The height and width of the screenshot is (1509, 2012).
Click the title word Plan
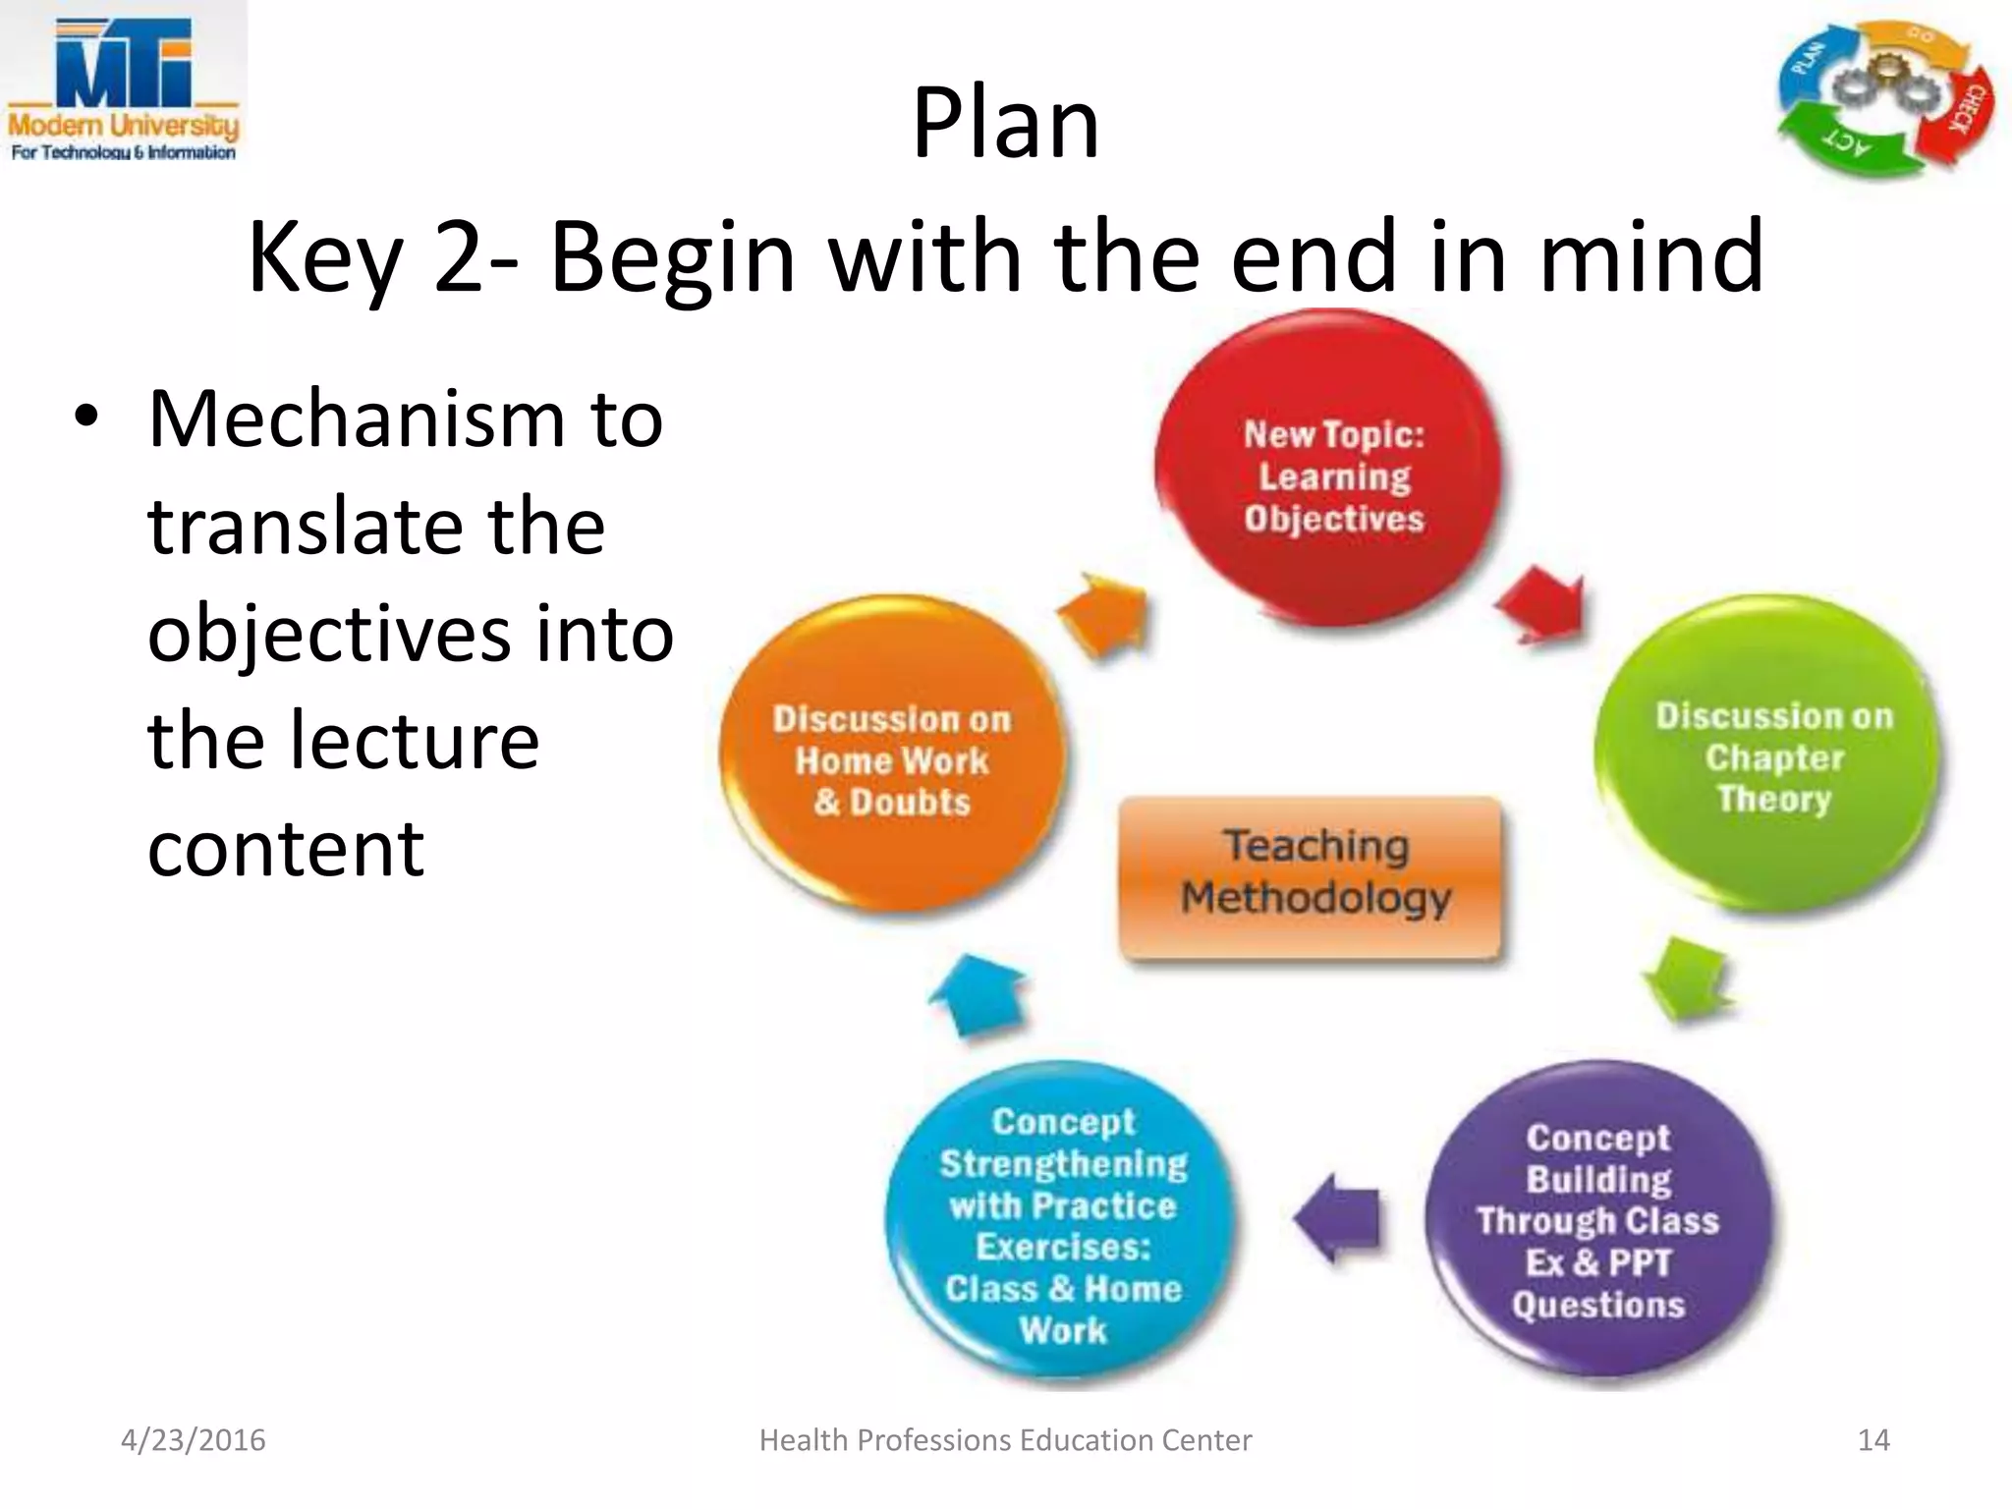[1005, 123]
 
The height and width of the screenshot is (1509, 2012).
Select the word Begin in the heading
[672, 257]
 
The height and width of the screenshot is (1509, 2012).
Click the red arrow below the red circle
[1542, 607]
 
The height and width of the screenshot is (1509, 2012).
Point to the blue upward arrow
[978, 994]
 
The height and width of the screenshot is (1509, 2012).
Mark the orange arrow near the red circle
[1105, 613]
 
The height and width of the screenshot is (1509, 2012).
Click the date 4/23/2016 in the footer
[193, 1440]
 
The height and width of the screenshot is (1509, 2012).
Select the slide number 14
[1872, 1440]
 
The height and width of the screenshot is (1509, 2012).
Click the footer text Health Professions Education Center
[1005, 1440]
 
